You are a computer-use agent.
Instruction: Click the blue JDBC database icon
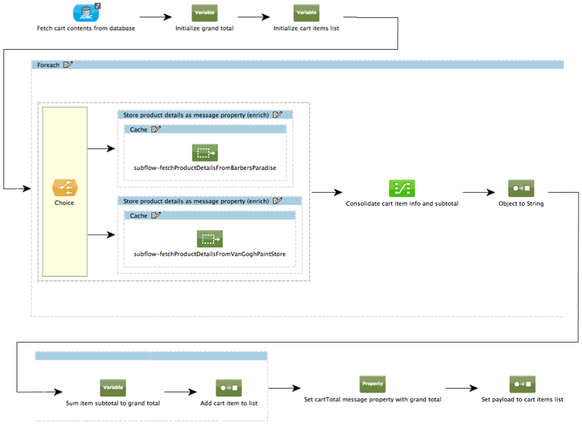[86, 12]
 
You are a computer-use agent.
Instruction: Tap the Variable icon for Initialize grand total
[205, 12]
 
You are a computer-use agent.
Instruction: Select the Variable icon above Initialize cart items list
[306, 12]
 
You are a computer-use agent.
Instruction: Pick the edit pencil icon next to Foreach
[68, 64]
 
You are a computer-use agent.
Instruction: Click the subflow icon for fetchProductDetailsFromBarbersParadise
[205, 153]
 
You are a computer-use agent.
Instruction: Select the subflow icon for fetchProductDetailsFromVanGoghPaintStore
[208, 239]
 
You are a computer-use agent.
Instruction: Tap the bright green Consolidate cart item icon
[402, 188]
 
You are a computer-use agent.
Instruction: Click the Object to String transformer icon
[520, 188]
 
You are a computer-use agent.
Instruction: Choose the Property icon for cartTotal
[372, 384]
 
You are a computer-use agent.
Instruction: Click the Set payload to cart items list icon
[522, 385]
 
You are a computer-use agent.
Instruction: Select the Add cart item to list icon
[228, 388]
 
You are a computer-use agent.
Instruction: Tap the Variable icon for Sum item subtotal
[113, 387]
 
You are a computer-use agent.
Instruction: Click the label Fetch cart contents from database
[86, 28]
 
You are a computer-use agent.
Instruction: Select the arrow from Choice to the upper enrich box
[101, 148]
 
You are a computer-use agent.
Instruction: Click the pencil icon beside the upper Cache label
[156, 129]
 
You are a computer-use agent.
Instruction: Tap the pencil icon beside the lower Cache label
[156, 215]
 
